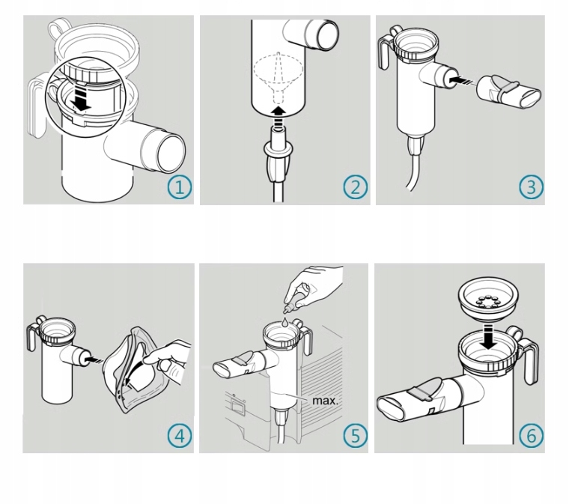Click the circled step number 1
coord(180,187)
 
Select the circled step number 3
coord(531,187)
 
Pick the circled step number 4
coord(180,436)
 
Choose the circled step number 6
coord(531,436)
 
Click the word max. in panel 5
coord(325,400)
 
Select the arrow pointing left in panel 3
coord(457,77)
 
